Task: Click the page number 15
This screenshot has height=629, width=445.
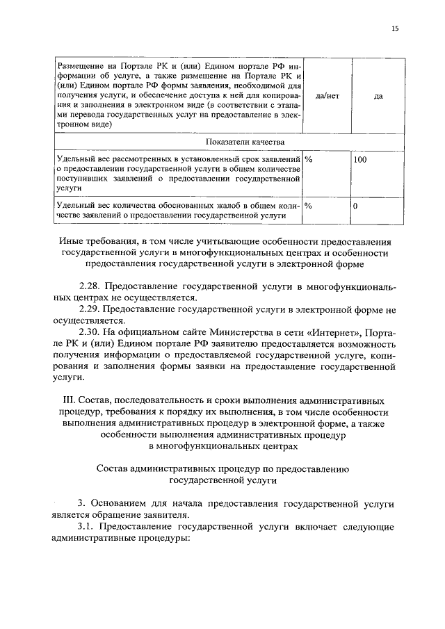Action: point(396,28)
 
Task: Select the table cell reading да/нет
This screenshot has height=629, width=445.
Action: point(327,96)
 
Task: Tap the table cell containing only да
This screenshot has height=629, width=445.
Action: point(378,96)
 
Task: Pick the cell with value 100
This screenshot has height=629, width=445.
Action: point(360,160)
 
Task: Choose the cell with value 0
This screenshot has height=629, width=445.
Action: point(355,206)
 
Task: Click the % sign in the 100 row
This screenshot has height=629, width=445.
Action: point(308,160)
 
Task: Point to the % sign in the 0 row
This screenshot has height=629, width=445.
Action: point(308,206)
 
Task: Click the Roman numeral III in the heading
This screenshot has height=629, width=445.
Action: point(67,401)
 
